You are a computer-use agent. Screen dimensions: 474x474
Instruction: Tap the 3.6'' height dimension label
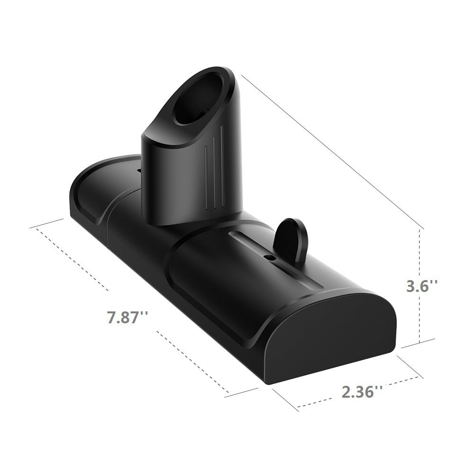tap(422, 286)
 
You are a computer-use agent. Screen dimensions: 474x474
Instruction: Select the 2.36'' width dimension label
tap(361, 392)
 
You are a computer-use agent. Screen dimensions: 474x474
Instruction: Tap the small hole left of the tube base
tap(139, 169)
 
